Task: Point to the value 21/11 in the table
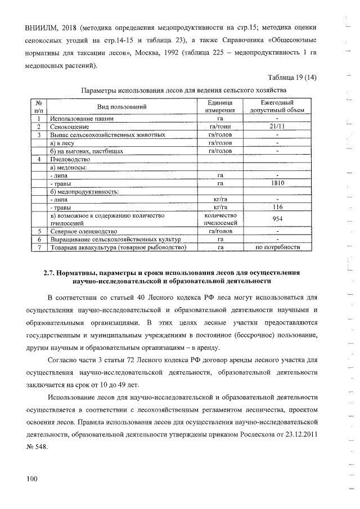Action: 277,127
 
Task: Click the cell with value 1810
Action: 277,183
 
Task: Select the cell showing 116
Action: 277,207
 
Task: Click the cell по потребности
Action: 277,247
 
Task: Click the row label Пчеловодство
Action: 70,159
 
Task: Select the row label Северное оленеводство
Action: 83,231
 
